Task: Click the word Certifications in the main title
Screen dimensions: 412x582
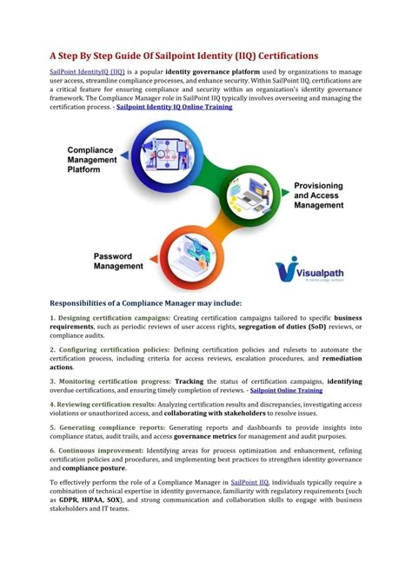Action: pyautogui.click(x=277, y=55)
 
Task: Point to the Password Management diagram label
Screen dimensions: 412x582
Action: pyautogui.click(x=118, y=261)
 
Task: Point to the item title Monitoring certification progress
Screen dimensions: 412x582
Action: pyautogui.click(x=110, y=380)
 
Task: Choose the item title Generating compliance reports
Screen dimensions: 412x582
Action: pyautogui.click(x=106, y=427)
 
